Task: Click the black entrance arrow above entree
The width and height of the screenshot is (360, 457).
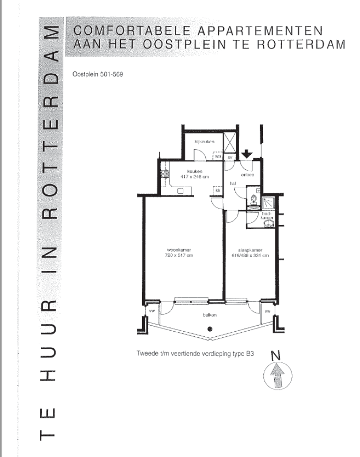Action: point(247,153)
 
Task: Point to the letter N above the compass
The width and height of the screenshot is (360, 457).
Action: point(276,356)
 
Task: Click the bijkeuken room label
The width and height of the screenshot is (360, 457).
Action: point(204,141)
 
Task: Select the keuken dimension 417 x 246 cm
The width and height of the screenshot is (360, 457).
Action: point(195,176)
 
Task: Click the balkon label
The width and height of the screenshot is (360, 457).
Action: point(209,316)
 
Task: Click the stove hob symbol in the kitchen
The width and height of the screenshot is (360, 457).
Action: point(165,173)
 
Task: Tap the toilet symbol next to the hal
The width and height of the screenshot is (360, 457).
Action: point(253,199)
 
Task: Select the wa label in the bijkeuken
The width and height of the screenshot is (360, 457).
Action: point(218,157)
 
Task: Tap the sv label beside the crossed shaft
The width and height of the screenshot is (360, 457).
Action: point(230,157)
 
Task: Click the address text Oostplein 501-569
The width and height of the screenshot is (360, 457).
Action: point(97,73)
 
